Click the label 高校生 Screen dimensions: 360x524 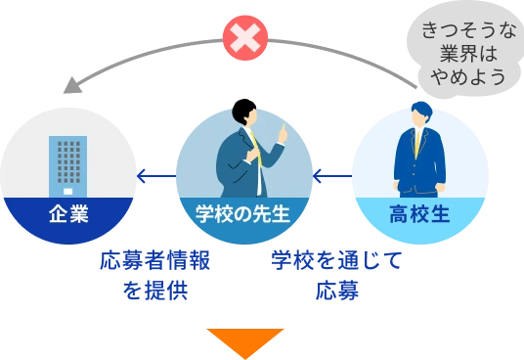[418, 212]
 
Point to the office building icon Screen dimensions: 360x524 [67, 162]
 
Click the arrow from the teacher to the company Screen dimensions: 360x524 [155, 176]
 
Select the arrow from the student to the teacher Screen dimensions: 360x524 [331, 176]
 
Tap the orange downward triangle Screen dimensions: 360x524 [244, 343]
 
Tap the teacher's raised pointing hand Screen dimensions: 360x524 [283, 131]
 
